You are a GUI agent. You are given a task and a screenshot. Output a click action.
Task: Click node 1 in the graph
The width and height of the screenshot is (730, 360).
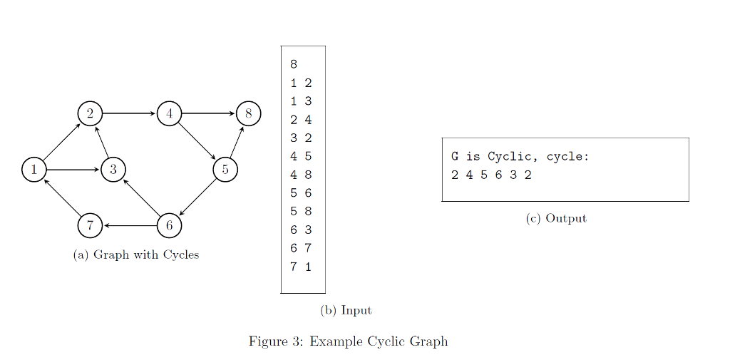[34, 170]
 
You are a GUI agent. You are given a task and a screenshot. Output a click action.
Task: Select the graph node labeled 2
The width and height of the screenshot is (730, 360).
[90, 113]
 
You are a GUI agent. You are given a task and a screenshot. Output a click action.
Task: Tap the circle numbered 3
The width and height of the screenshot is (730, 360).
[113, 170]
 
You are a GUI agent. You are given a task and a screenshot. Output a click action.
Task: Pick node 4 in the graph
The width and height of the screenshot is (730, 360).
[169, 113]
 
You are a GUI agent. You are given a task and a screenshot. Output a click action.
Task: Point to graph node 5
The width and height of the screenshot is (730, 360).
[225, 170]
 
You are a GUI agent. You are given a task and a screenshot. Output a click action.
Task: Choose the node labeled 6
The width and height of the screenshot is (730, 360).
[169, 225]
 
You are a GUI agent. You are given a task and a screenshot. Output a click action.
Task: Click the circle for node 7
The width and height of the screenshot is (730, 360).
[90, 225]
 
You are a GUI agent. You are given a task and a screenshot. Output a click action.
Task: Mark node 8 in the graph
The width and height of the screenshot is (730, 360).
[248, 113]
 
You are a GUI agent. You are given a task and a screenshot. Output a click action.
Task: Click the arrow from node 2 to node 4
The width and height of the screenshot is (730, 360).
[129, 113]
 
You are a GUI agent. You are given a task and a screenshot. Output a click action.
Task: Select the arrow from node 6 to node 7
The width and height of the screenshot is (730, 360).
[130, 225]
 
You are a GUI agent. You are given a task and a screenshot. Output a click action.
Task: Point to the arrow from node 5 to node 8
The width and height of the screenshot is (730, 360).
[237, 142]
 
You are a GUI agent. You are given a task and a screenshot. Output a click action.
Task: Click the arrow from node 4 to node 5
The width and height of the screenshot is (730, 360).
[197, 142]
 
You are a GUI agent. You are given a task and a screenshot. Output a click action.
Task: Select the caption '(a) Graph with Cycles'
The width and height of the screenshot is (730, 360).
[136, 254]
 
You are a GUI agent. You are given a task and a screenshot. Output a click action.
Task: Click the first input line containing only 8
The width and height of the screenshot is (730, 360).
[294, 64]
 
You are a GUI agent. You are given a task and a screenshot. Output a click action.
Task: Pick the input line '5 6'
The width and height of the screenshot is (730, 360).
[301, 193]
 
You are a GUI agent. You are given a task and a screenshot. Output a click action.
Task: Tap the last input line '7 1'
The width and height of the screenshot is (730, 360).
[301, 267]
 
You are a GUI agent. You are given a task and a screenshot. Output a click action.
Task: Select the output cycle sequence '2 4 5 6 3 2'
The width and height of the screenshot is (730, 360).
[491, 175]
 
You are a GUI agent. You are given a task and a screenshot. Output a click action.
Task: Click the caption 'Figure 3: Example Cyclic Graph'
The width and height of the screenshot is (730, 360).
[348, 341]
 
